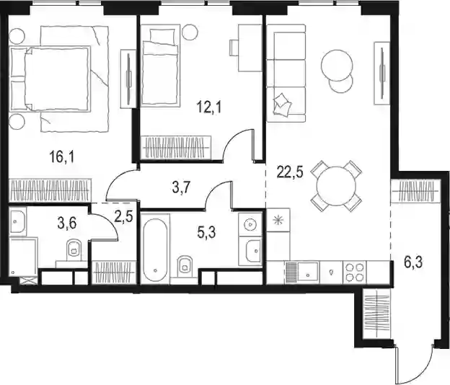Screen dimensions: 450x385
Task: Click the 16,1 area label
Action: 62,157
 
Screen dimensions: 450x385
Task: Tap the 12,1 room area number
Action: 209,107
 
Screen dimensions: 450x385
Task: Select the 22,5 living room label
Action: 290,172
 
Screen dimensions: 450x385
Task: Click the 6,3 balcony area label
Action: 413,262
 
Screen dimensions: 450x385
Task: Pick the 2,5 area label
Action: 123,216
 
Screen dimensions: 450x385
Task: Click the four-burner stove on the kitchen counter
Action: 355,273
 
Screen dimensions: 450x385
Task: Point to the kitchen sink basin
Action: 308,273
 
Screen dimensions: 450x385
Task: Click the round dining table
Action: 336,186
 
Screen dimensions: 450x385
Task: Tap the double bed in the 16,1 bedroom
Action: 50,79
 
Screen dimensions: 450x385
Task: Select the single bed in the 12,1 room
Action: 160,67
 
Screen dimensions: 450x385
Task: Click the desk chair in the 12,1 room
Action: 234,48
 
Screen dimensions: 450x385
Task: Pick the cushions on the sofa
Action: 281,105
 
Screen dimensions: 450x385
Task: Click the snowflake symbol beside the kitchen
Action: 278,221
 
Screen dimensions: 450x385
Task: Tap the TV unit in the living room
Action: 382,73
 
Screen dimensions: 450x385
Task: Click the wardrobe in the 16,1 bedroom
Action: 50,190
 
